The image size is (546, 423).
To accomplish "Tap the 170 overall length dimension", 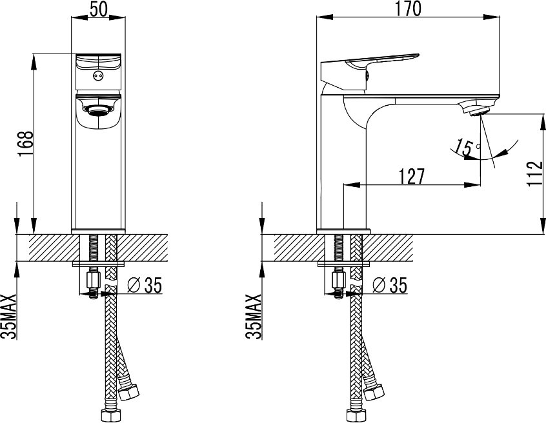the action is click(x=408, y=8).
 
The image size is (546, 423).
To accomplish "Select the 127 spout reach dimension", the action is click(x=412, y=177).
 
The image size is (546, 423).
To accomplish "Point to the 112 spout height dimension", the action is click(x=534, y=173).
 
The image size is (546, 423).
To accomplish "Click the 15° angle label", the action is click(x=468, y=147).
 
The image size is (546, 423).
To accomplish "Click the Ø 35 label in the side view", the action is click(x=389, y=285).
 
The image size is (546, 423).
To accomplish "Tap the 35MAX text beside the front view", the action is click(x=9, y=316).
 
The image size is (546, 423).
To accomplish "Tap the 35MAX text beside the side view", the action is click(x=253, y=316).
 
